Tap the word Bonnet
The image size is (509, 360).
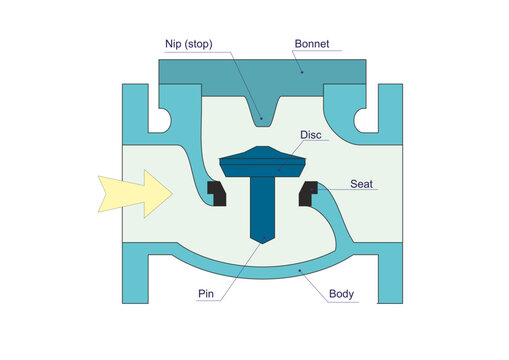point(311,44)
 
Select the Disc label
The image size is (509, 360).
point(311,135)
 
